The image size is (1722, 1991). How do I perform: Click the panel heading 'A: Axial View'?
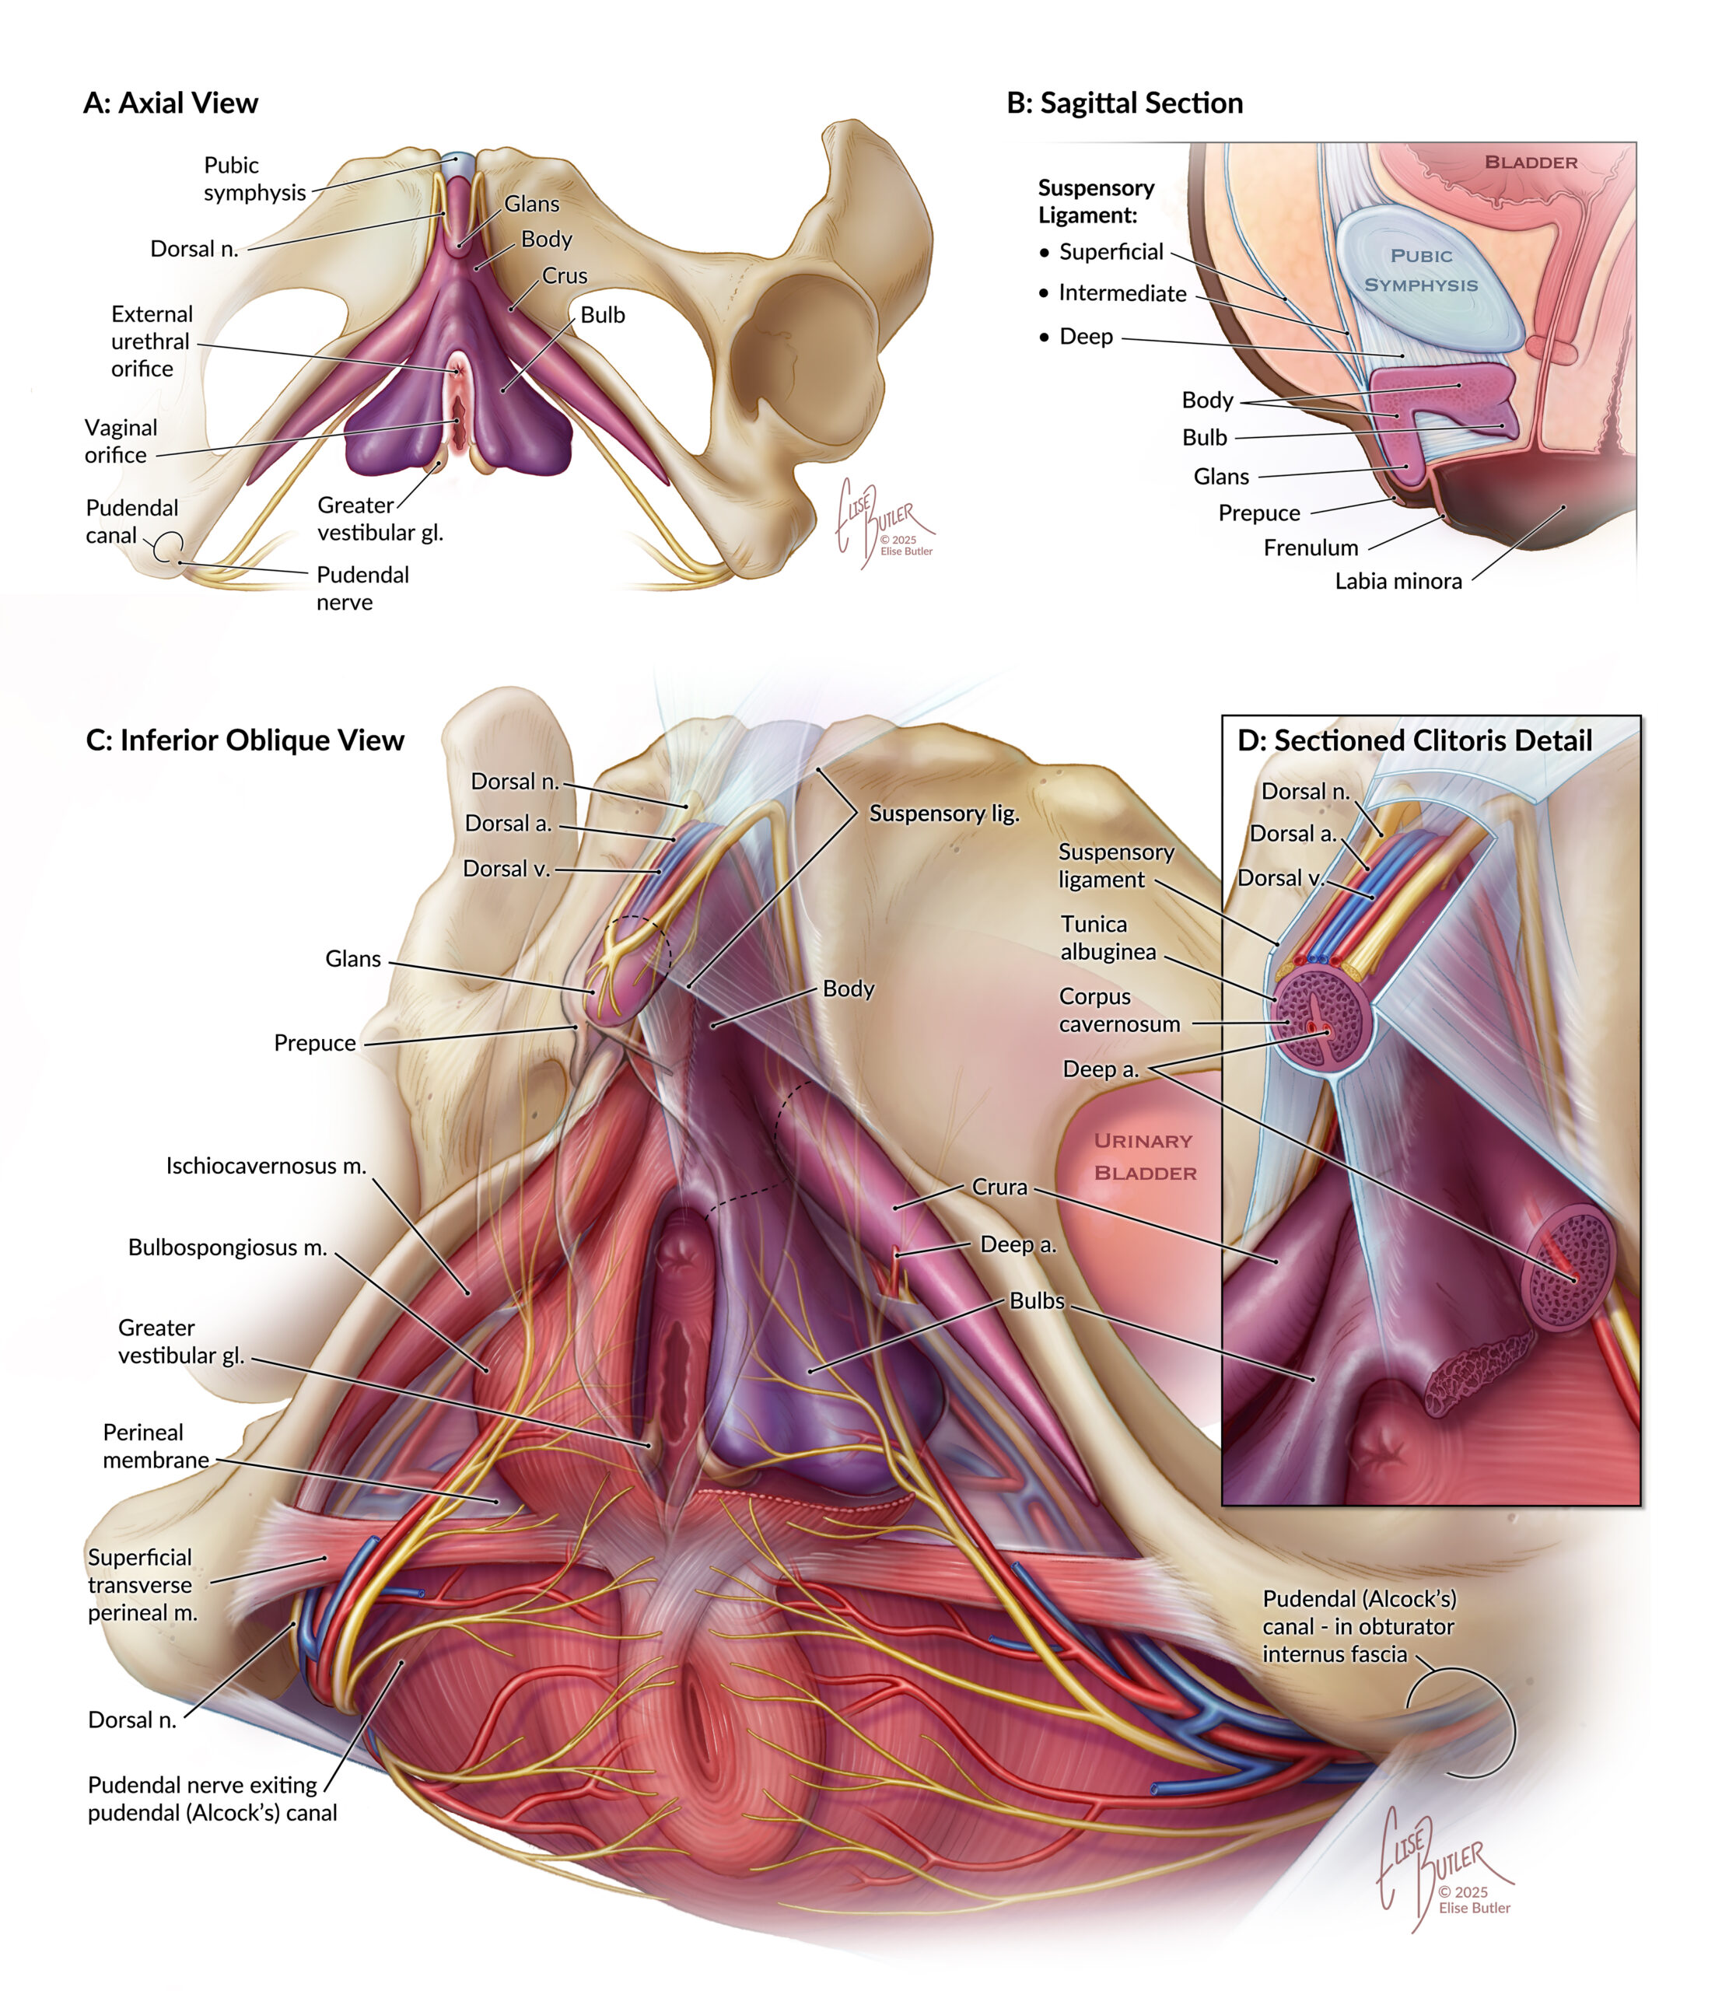170,103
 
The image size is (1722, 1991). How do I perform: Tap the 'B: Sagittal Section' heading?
1125,103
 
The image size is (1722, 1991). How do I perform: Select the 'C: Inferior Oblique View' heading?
245,740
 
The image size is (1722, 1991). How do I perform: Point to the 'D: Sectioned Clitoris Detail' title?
1415,740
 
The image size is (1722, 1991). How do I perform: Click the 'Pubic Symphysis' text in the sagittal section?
1421,270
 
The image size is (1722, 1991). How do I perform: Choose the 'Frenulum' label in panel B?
1311,548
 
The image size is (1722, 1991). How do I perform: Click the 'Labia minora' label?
1398,580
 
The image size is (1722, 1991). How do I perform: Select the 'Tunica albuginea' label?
1108,937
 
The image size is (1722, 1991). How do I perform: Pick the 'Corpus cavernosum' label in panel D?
1119,1010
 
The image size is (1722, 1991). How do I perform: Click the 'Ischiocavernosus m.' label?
266,1166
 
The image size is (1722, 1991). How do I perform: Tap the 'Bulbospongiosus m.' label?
228,1247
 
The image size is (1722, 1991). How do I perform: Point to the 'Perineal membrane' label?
156,1446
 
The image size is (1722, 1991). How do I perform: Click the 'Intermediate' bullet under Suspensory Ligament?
1122,293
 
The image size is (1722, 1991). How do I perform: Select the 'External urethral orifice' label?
152,341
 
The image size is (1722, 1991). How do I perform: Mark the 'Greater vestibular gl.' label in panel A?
380,519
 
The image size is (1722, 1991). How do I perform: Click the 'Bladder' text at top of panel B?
1531,163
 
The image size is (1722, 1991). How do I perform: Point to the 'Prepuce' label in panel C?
314,1043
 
